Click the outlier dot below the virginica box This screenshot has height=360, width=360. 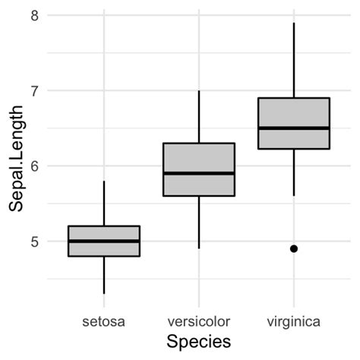(293, 248)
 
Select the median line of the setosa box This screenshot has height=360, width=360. (103, 241)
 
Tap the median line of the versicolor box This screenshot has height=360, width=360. (198, 173)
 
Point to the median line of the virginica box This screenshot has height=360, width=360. (293, 128)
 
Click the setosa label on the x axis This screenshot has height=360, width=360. (103, 321)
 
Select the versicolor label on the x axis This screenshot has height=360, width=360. (198, 321)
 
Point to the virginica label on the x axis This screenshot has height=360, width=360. (293, 321)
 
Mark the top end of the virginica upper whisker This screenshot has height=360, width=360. (293, 23)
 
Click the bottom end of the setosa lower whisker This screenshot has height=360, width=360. (103, 293)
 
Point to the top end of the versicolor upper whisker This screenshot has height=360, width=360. (198, 90)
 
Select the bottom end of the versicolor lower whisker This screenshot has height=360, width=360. (198, 248)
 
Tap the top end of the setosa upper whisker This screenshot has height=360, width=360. (103, 181)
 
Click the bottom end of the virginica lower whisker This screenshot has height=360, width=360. (293, 196)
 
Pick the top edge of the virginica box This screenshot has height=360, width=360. (293, 98)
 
